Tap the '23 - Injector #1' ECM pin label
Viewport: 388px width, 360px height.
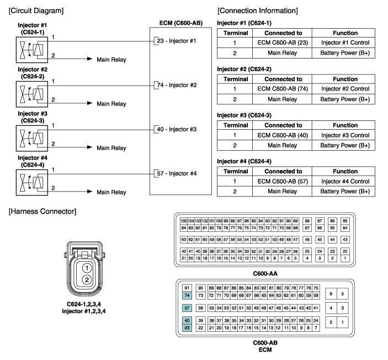coord(176,41)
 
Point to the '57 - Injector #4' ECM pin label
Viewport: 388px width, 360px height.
coord(177,173)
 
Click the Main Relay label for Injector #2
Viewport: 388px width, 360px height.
coord(111,104)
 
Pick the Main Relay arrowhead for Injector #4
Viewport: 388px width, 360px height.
coord(90,192)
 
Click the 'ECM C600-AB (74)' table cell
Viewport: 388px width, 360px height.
coord(283,89)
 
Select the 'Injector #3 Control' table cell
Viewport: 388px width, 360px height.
coord(345,135)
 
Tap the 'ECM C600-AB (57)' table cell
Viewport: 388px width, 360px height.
coord(283,181)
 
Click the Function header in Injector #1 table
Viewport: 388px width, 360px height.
coord(345,33)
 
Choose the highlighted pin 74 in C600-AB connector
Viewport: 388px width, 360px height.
coord(187,295)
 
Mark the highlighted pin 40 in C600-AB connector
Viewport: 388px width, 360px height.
coord(187,320)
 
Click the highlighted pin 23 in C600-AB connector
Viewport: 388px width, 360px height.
coord(187,328)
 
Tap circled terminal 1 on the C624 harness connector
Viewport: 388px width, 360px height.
coord(87,268)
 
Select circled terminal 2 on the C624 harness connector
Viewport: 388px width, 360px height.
coord(87,280)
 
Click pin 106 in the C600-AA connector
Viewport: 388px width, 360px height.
coord(184,221)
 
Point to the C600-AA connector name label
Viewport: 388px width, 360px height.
coord(265,274)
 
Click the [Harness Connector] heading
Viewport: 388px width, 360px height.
coord(42,211)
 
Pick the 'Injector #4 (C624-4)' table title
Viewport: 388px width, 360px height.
coord(245,161)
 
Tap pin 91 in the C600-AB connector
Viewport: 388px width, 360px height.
coord(187,288)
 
